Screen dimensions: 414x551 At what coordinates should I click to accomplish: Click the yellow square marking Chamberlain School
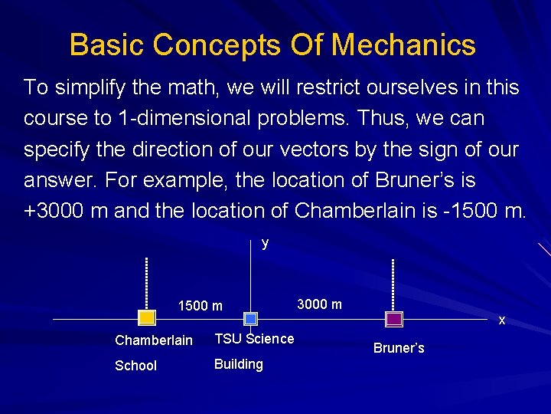146,318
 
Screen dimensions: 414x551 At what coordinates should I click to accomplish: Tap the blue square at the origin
251,318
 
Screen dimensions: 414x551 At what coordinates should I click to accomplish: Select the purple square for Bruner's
394,318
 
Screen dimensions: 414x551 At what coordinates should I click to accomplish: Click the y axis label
265,243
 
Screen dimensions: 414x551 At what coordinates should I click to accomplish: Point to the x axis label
502,320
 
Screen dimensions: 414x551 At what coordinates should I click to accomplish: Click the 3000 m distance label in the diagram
319,304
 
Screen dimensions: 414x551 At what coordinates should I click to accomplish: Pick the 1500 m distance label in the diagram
200,306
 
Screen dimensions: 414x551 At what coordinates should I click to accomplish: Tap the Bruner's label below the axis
399,348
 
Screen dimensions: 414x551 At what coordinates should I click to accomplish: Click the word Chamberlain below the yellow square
154,340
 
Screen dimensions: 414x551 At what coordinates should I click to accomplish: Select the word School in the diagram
135,366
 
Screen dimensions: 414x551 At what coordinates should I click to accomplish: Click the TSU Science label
254,338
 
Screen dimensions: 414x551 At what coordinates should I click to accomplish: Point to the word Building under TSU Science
239,363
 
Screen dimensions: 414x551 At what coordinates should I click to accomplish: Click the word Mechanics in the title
403,45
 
